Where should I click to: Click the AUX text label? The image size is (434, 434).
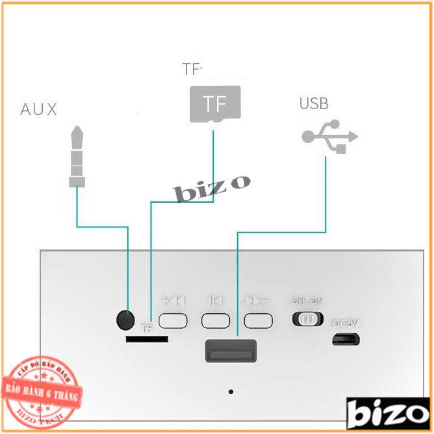click(38, 109)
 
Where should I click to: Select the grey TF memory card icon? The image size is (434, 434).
click(214, 104)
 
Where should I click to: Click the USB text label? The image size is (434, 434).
click(314, 103)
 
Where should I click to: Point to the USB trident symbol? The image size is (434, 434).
click(330, 137)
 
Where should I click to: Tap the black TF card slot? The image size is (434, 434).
click(147, 339)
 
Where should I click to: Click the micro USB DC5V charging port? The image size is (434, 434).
click(346, 339)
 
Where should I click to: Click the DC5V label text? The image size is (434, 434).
click(345, 323)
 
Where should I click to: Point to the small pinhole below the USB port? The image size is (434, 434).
click(231, 392)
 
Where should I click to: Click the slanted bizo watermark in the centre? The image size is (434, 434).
click(211, 189)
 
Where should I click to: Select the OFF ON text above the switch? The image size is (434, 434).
click(307, 301)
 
